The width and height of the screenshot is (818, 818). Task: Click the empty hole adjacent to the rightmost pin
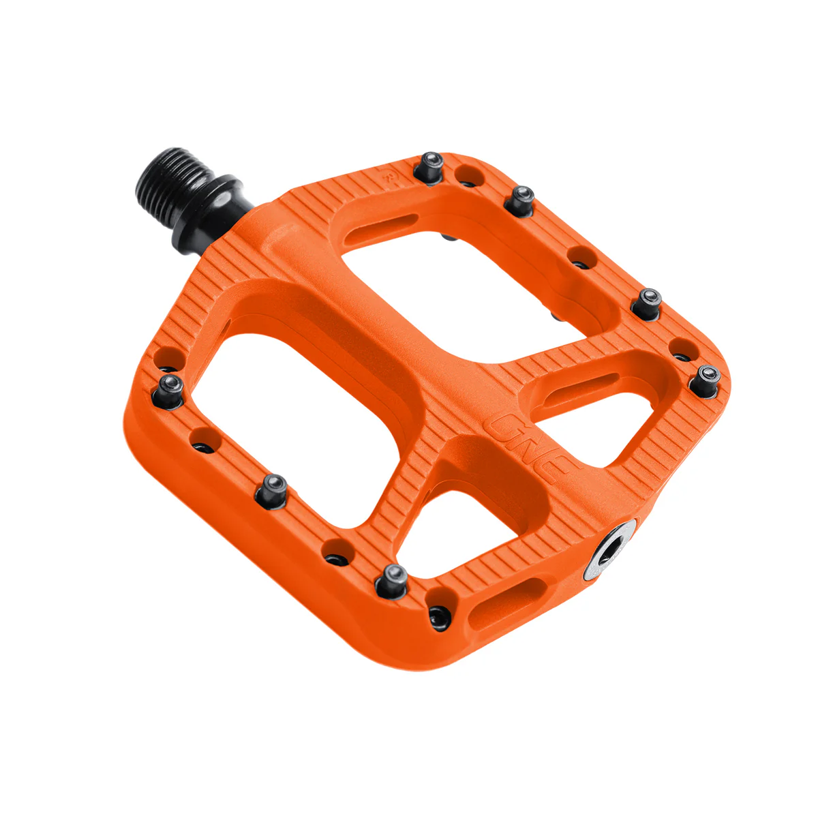tap(680, 350)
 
